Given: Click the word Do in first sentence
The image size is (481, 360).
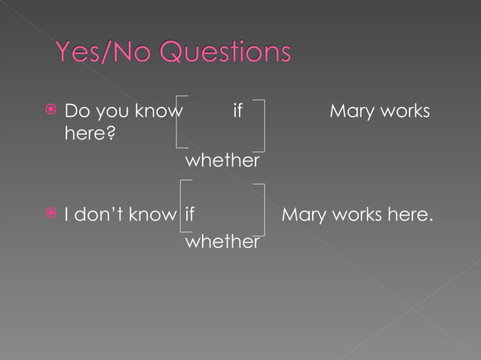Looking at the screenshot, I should point(76,111).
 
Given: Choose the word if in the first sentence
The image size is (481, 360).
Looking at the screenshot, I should point(237,111).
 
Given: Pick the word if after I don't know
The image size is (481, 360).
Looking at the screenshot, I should point(189,215).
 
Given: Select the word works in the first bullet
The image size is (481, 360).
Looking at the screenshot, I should point(405,111).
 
